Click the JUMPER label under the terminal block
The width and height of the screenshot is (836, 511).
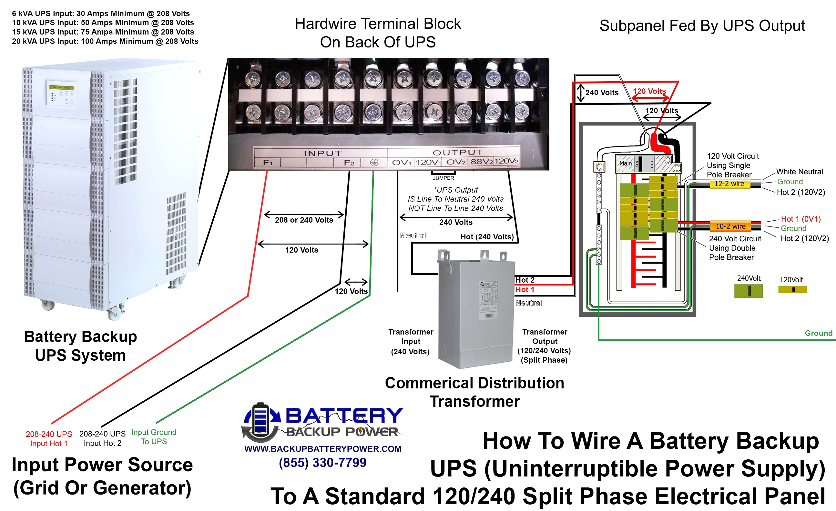coord(443,178)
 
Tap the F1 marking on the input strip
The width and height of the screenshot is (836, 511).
coord(268,163)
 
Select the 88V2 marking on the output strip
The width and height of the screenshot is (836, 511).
coord(481,162)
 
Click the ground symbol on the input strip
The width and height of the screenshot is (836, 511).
coord(373,163)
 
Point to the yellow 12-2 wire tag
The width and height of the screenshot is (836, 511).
coord(729,184)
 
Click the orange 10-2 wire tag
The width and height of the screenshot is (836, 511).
coord(730,226)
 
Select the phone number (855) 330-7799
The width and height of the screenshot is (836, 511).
coord(322,463)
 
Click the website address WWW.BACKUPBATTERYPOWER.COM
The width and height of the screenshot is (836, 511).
coord(323,449)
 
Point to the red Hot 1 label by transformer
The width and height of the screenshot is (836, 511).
coord(525,290)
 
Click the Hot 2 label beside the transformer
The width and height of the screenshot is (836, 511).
coord(525,280)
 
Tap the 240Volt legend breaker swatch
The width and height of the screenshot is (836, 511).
coord(748,291)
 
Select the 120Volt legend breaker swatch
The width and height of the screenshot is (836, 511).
coord(792,290)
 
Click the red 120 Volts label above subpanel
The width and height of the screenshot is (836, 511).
coord(649,91)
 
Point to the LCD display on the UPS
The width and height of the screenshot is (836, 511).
coord(61,87)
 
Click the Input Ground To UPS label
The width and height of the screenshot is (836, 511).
coord(154,437)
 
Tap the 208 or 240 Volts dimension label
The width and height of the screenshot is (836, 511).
coord(304,220)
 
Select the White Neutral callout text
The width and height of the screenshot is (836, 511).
coord(799,172)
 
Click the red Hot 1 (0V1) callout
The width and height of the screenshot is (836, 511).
coord(800,219)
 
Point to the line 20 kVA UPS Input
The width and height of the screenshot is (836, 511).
coord(105,41)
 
